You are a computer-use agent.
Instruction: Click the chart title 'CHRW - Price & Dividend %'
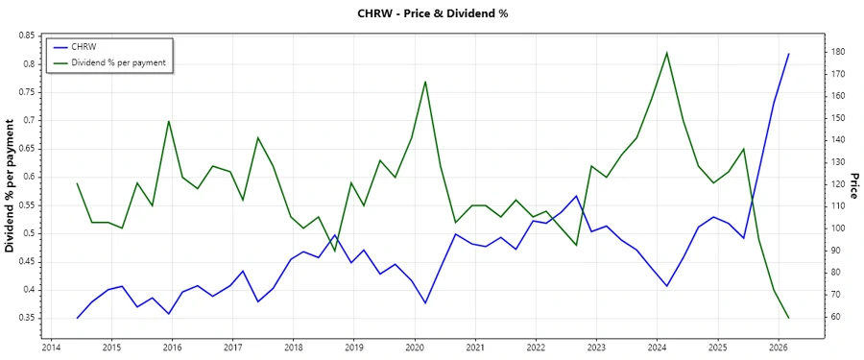[x=431, y=13]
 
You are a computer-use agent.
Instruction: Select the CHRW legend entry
[x=84, y=46]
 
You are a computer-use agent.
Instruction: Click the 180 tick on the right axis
[x=841, y=52]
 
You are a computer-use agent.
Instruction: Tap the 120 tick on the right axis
[x=841, y=184]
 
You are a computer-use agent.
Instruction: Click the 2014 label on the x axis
[x=51, y=348]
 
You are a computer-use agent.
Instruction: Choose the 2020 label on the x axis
[x=415, y=348]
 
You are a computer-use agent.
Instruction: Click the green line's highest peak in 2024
[x=667, y=52]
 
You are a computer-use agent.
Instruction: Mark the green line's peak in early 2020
[x=425, y=82]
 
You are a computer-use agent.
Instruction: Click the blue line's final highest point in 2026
[x=789, y=54]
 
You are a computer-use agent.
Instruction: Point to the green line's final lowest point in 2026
[x=789, y=318]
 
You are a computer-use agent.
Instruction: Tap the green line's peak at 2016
[x=169, y=121]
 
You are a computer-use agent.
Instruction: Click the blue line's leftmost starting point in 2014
[x=78, y=318]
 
